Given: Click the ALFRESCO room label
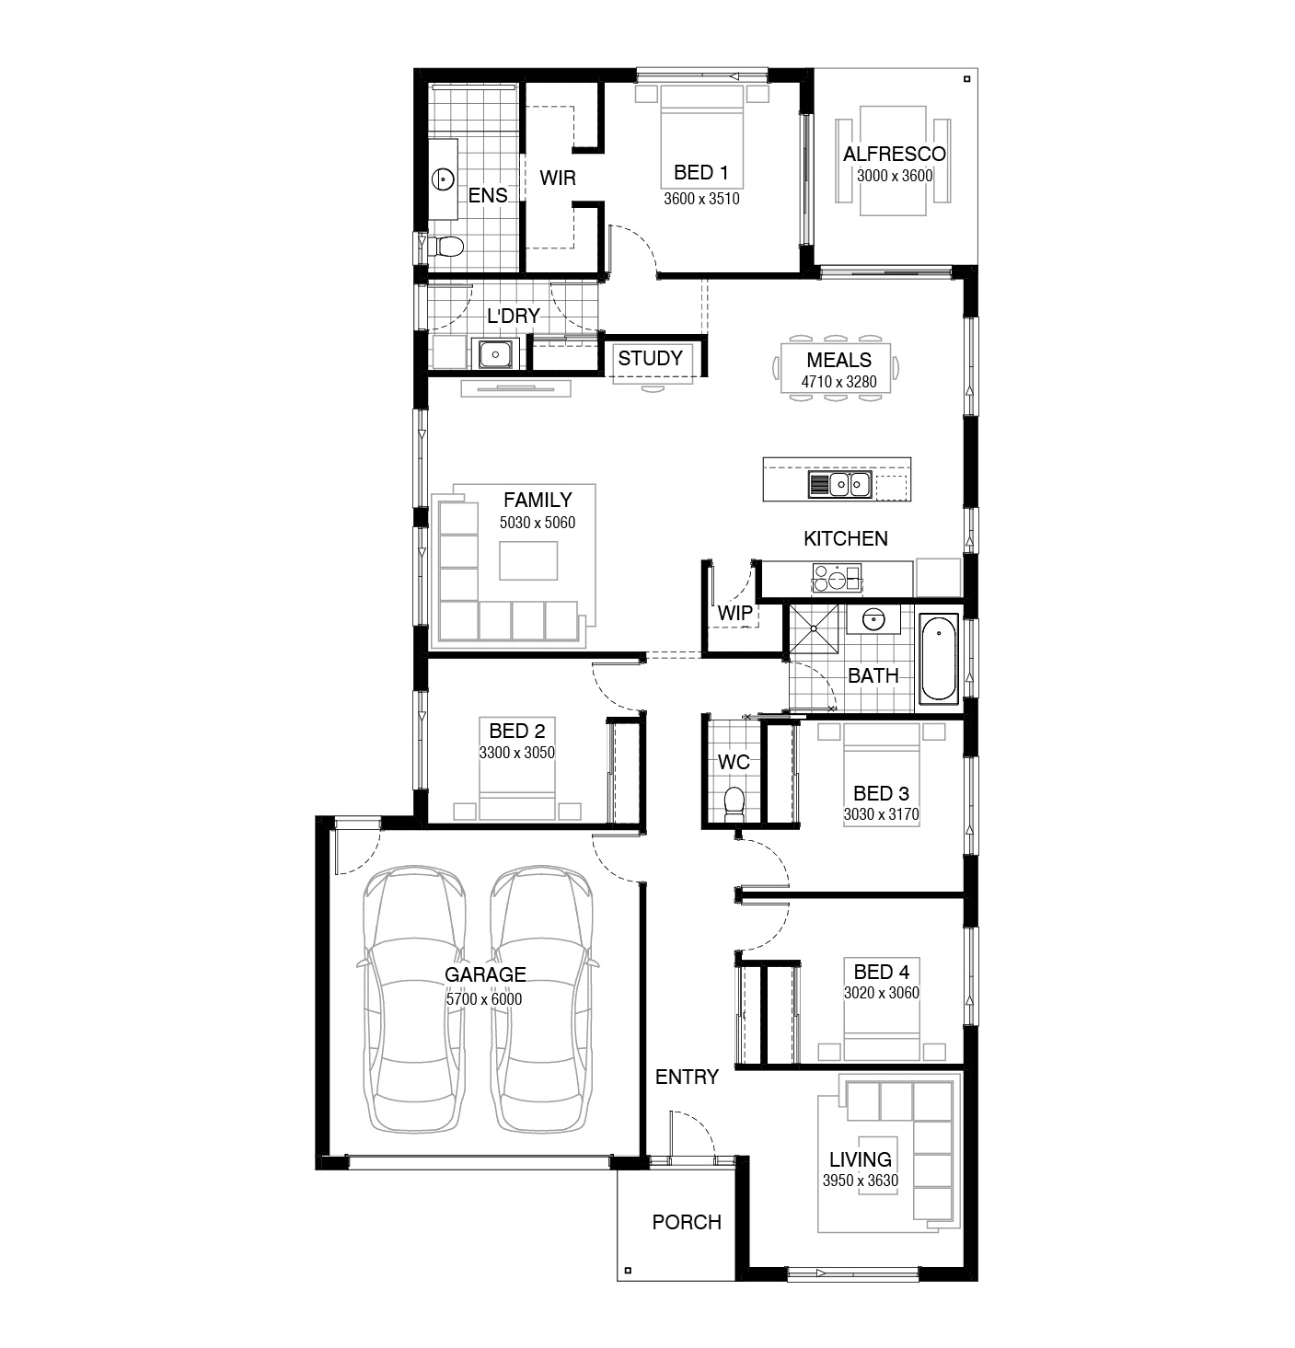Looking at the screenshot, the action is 894,154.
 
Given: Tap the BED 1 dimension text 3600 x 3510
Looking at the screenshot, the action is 701,199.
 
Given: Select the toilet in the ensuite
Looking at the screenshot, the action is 444,246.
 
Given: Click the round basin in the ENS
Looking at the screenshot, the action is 443,179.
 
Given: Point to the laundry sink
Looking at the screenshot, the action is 495,354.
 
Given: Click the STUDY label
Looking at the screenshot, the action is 650,358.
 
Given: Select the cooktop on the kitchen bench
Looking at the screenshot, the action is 837,577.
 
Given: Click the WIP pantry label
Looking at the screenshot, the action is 734,613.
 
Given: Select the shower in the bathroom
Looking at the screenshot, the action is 814,629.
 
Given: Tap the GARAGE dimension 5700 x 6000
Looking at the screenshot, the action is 483,999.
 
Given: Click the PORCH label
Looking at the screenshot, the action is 686,1222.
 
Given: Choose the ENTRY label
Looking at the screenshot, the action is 687,1077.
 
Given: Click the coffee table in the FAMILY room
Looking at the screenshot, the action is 528,560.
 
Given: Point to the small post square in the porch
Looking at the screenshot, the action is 628,1271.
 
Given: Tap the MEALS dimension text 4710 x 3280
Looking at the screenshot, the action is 838,382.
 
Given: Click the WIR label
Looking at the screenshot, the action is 557,178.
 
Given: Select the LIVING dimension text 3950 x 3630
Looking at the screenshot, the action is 860,1181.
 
